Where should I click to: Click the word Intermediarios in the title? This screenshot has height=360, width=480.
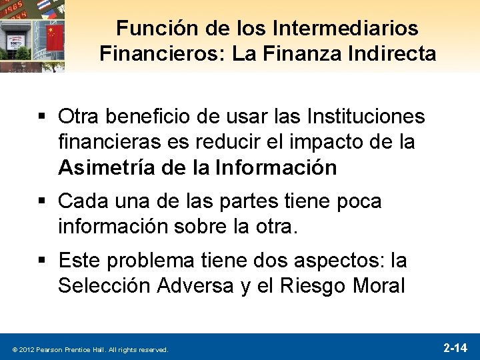[346, 28]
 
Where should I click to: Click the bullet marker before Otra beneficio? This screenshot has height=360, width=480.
[45, 117]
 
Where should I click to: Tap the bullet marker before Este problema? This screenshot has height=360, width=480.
[45, 260]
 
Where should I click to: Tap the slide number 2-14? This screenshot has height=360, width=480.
[455, 347]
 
